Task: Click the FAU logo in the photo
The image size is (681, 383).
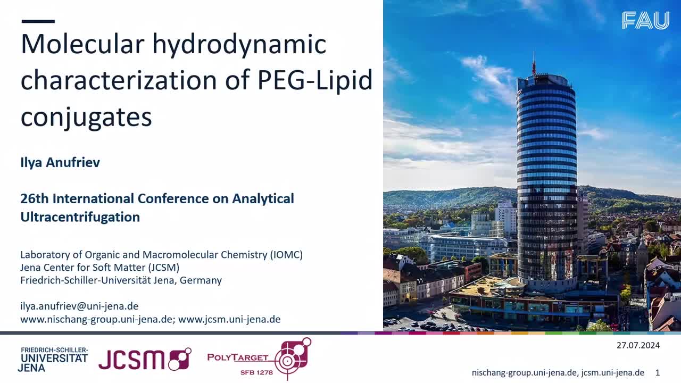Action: click(x=645, y=20)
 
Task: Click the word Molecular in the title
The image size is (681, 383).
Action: click(x=82, y=44)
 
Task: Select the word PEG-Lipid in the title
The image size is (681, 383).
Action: click(x=315, y=80)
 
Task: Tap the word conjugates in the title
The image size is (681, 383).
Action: click(x=86, y=118)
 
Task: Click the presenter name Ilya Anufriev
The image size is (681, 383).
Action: click(x=60, y=163)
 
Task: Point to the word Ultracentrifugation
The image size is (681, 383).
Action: click(x=80, y=217)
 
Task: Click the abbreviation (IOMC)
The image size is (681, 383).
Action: click(x=286, y=255)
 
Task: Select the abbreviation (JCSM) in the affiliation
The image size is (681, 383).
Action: click(x=164, y=268)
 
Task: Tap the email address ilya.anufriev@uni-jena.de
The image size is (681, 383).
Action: click(x=79, y=306)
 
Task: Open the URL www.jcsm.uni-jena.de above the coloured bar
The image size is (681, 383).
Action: click(x=229, y=320)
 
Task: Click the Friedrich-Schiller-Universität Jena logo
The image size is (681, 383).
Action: click(x=53, y=360)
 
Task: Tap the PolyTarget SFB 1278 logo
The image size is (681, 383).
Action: click(x=259, y=359)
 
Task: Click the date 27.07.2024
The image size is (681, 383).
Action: click(x=638, y=346)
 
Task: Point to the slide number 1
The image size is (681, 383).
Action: click(x=658, y=373)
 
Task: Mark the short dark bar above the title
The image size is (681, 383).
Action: click(x=38, y=21)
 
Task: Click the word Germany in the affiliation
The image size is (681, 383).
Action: click(x=201, y=280)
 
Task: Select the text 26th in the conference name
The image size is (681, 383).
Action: click(x=35, y=199)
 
